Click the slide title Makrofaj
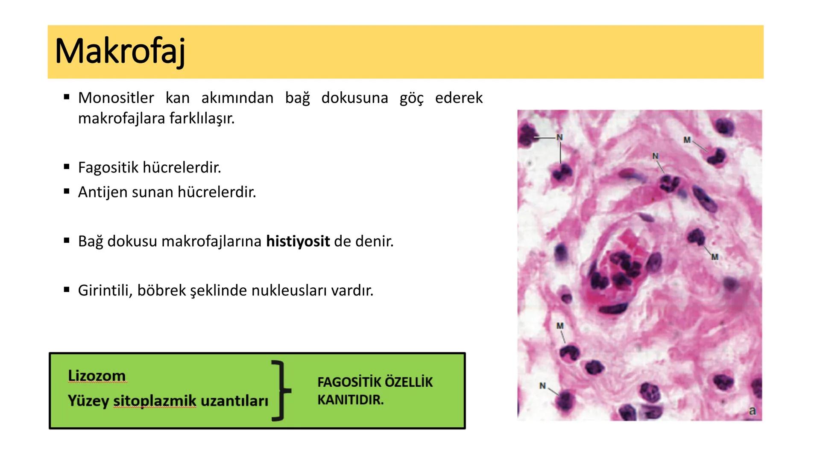[120, 52]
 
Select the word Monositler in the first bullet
[116, 98]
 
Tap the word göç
[412, 98]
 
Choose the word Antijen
[103, 192]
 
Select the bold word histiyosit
[298, 241]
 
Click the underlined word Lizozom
[97, 376]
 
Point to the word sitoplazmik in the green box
[155, 401]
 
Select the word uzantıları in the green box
[234, 401]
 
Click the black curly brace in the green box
[281, 390]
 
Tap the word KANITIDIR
[350, 400]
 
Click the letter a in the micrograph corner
[752, 411]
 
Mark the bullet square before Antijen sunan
[67, 192]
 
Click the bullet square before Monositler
[67, 97]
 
